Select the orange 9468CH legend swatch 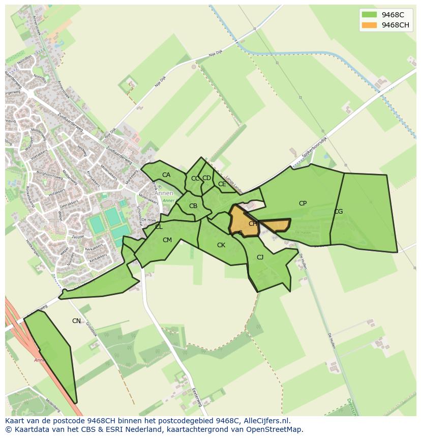tap(369, 25)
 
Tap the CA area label tap(166, 175)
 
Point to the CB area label tap(193, 206)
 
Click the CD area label tap(206, 178)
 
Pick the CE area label tap(222, 184)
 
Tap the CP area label tap(303, 203)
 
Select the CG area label tap(338, 212)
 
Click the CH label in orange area tap(253, 224)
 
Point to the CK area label tap(221, 245)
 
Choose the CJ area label tap(260, 257)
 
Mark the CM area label tap(167, 240)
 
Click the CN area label tap(76, 321)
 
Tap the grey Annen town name tap(164, 193)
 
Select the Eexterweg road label tap(197, 397)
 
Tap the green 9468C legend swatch tap(369, 15)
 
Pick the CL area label tap(159, 227)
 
